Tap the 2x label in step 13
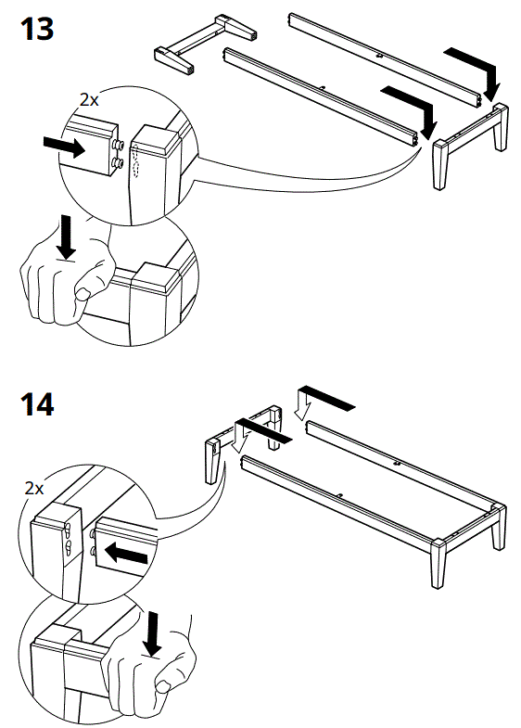[90, 99]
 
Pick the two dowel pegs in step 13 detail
[119, 154]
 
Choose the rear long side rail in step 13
[385, 57]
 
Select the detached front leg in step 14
[210, 460]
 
